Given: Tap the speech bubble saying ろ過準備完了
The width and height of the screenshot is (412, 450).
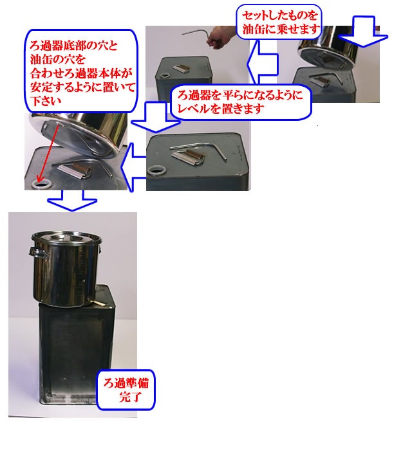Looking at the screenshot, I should pos(126,390).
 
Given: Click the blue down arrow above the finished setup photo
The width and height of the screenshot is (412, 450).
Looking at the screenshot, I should pos(71,200).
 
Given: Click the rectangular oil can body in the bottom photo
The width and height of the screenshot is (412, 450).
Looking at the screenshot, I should pos(71,360).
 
